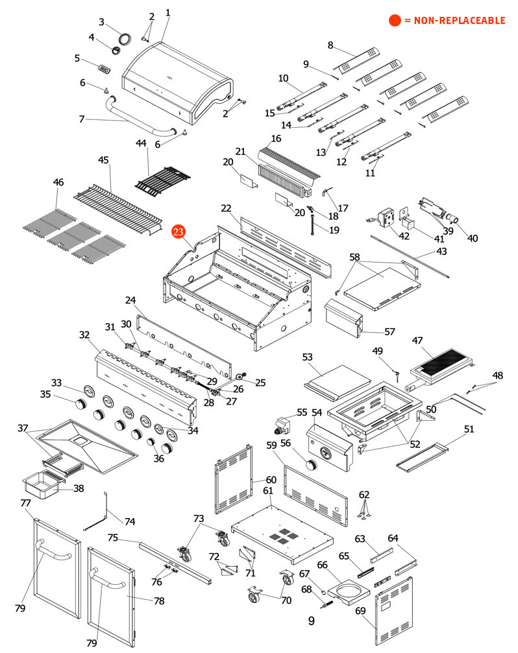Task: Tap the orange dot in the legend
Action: pyautogui.click(x=395, y=21)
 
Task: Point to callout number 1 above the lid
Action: pyautogui.click(x=168, y=12)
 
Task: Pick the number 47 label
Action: pyautogui.click(x=417, y=340)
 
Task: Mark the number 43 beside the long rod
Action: pyautogui.click(x=441, y=251)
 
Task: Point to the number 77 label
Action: pyautogui.click(x=25, y=503)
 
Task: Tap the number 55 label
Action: pyautogui.click(x=302, y=412)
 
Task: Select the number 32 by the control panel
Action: pyautogui.click(x=84, y=335)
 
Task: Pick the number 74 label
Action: pyautogui.click(x=130, y=521)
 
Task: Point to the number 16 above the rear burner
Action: pyautogui.click(x=276, y=138)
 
